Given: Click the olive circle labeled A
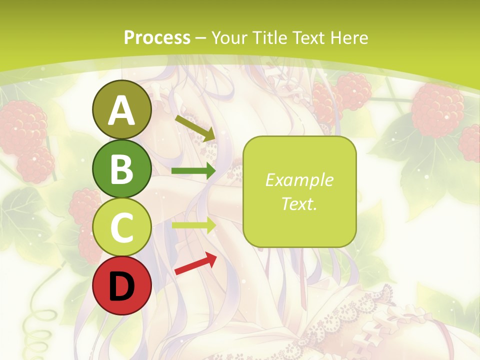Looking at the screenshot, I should pos(121,109).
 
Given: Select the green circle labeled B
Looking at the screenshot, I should pos(121,168).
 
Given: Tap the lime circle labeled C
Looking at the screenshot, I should pos(121,227).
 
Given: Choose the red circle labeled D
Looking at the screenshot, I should pos(121,286).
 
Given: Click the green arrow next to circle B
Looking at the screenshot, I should pos(193,171).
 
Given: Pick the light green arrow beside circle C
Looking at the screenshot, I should pos(193,225).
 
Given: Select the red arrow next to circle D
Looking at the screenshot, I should pos(195,263).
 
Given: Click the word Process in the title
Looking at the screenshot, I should pos(157,37).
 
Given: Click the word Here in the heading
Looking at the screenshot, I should pos(350,37).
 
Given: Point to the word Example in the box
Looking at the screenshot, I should pos(299,180).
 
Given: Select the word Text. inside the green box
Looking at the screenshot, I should pos(299,203).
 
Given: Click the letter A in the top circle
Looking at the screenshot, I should pos(121,110).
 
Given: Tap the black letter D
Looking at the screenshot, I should pos(121,286).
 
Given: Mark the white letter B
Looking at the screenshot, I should pos(121,169).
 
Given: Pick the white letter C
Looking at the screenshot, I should pos(121,228).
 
